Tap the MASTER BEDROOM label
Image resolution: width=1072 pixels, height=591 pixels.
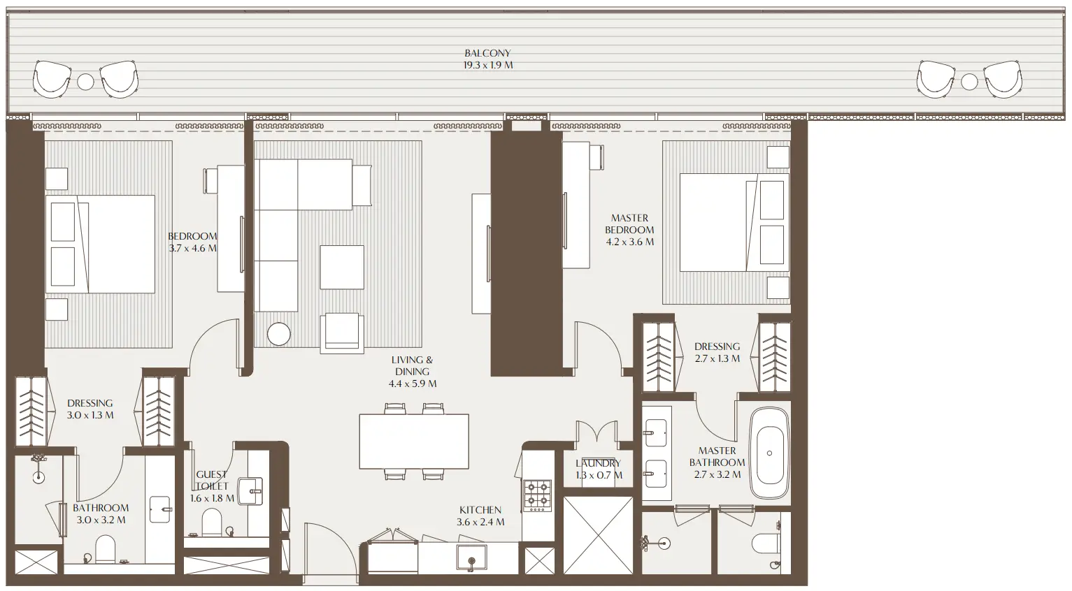coord(629,224)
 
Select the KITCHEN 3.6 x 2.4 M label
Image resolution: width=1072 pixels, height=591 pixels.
coord(480,516)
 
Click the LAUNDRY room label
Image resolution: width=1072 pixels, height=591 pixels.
coord(598,463)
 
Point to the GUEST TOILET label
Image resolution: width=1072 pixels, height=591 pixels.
coord(211,480)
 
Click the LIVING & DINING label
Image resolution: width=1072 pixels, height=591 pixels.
coord(413,365)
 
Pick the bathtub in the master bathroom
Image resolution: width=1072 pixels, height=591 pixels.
coord(769,453)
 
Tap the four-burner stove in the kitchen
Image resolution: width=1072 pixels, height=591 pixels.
coord(538,493)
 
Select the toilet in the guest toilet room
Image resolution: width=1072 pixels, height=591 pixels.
coord(211,521)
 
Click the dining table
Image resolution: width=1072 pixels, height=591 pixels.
coord(414,442)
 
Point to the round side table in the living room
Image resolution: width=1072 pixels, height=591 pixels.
coord(278,334)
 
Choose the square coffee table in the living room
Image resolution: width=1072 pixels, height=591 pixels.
coord(342,267)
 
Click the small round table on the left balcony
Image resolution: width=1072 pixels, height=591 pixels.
coord(85,82)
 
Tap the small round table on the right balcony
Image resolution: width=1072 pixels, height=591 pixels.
coord(969,82)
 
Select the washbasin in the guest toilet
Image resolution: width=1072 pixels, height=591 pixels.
coord(250,490)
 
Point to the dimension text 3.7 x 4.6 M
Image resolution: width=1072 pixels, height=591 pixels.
coord(193,248)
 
